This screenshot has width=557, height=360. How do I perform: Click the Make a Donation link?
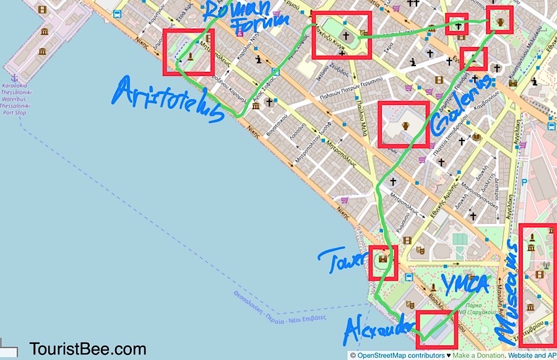point(480,356)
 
